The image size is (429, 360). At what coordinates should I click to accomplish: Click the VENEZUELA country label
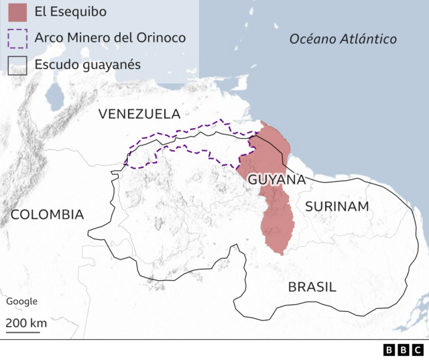click(139, 114)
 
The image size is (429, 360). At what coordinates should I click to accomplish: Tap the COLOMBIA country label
click(48, 215)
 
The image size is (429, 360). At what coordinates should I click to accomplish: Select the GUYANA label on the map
click(277, 180)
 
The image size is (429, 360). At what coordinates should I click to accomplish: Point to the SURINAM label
click(337, 206)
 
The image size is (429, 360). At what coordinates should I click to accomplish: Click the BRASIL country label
click(312, 287)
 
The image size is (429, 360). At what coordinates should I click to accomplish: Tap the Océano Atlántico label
click(343, 39)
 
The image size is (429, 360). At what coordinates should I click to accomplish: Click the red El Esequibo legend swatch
click(18, 12)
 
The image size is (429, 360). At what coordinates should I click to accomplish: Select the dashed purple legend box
click(18, 38)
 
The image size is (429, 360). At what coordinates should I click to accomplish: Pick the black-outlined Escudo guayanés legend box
click(18, 65)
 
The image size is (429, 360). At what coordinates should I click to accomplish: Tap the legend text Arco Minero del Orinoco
click(109, 38)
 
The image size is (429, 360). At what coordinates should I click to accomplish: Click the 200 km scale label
click(26, 323)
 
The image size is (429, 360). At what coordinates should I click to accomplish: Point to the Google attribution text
click(21, 302)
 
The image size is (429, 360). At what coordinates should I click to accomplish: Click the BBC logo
click(403, 350)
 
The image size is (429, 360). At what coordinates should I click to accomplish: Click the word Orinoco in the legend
click(161, 38)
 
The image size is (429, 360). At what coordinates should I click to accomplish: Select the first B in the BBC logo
click(389, 350)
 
